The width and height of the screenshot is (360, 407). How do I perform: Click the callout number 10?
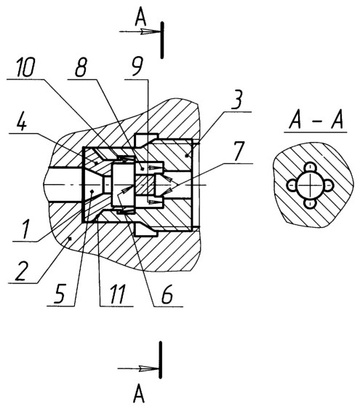(x=25, y=67)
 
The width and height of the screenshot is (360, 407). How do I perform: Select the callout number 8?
(x=81, y=67)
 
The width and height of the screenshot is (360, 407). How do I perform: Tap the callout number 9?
(x=137, y=68)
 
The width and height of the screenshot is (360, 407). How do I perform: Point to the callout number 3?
(x=236, y=100)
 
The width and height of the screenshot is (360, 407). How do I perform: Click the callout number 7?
(x=238, y=151)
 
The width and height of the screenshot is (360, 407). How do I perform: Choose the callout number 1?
(x=25, y=229)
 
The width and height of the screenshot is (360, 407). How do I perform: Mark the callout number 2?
(x=21, y=272)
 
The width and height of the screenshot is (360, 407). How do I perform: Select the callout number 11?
(x=118, y=294)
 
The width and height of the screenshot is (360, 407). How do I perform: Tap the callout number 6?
(x=167, y=294)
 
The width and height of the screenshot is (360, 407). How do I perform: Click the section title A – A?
(x=316, y=120)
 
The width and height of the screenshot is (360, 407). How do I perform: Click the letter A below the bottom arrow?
(x=138, y=395)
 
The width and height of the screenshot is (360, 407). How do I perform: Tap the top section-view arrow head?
(x=150, y=32)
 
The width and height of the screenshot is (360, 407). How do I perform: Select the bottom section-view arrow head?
(x=148, y=368)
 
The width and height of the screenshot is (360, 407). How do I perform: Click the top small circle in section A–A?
(x=310, y=167)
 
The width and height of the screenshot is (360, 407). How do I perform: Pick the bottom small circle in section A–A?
(x=309, y=203)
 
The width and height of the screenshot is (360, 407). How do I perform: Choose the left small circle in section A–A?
(x=292, y=186)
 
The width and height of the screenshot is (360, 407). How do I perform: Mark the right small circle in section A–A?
(x=328, y=186)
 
